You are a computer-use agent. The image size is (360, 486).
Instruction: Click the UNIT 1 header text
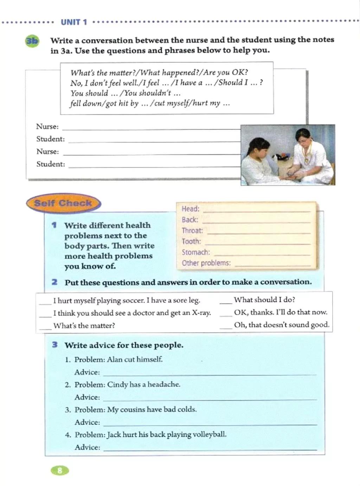pyautogui.click(x=74, y=22)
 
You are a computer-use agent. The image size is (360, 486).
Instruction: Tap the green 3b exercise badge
pyautogui.click(x=32, y=41)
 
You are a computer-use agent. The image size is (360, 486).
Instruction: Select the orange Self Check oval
pyautogui.click(x=63, y=203)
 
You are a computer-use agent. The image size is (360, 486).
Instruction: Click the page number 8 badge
pyautogui.click(x=60, y=471)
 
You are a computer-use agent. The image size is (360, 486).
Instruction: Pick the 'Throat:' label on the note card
pyautogui.click(x=192, y=231)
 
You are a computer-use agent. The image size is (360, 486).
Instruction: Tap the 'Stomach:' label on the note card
pyautogui.click(x=195, y=252)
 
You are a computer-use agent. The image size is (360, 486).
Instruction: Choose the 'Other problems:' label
pyautogui.click(x=206, y=263)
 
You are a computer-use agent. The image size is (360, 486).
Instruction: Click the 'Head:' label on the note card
pyautogui.click(x=190, y=209)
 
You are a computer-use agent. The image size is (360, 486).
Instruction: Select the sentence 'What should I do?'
pyautogui.click(x=264, y=300)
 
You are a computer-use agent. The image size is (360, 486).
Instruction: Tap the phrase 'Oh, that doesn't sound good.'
pyautogui.click(x=282, y=325)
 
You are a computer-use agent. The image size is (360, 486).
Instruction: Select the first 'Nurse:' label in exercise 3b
pyautogui.click(x=47, y=127)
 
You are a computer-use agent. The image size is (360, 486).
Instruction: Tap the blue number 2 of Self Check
pyautogui.click(x=54, y=282)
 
